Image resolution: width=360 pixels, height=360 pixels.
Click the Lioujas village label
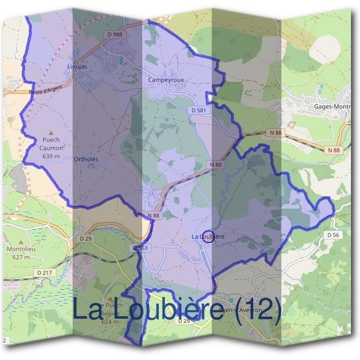tap(78, 67)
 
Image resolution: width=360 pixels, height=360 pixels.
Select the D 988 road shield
tap(115, 35)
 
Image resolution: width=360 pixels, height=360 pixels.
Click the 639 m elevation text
tap(52, 156)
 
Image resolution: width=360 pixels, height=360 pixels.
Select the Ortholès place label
tap(85, 159)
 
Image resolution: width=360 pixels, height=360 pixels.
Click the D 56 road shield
tap(333, 235)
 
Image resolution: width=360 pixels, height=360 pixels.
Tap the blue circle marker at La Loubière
tap(208, 236)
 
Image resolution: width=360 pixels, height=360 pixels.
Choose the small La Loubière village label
tap(208, 237)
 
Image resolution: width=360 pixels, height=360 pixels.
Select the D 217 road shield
tap(44, 273)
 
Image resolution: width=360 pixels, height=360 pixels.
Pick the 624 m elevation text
tap(109, 322)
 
